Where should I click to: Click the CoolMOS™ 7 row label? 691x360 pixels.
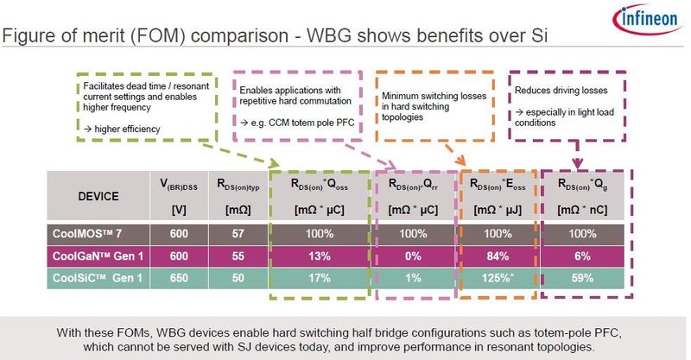(86, 234)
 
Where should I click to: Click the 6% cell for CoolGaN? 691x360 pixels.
(583, 257)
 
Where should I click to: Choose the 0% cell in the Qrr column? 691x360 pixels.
(413, 257)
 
